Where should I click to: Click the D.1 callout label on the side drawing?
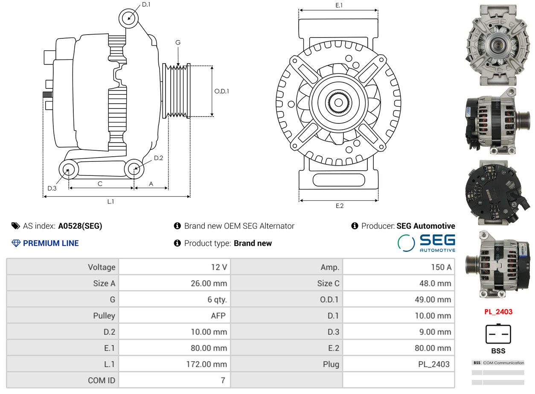pos(146,5)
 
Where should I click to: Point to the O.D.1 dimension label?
pos(221,91)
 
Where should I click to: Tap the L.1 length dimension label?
pos(110,201)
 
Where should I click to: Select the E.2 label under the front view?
pos(339,206)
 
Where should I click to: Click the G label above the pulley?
pos(178,42)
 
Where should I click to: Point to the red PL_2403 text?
pos(498,312)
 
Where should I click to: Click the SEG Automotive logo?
pos(426,243)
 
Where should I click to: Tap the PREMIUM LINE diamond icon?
pos(16,243)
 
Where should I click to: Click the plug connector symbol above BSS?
pos(498,334)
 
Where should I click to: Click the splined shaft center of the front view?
pos(338,102)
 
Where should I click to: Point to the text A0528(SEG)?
pos(80,226)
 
